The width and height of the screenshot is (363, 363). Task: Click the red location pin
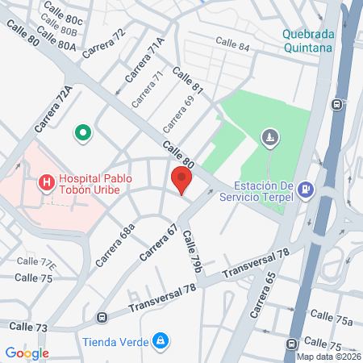[181, 179]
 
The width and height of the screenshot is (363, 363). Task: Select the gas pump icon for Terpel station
[306, 190]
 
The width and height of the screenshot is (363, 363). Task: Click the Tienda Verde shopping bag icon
[161, 340]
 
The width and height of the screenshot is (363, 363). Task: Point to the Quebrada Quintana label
[307, 40]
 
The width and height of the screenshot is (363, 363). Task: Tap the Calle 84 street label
[232, 42]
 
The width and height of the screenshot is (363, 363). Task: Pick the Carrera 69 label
[178, 114]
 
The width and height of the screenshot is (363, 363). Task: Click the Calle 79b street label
[191, 250]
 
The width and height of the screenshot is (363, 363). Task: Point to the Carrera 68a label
[115, 246]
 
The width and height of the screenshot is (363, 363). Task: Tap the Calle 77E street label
[36, 263]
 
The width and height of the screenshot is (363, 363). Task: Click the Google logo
[27, 353]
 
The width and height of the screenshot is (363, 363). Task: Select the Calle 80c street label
[65, 19]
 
